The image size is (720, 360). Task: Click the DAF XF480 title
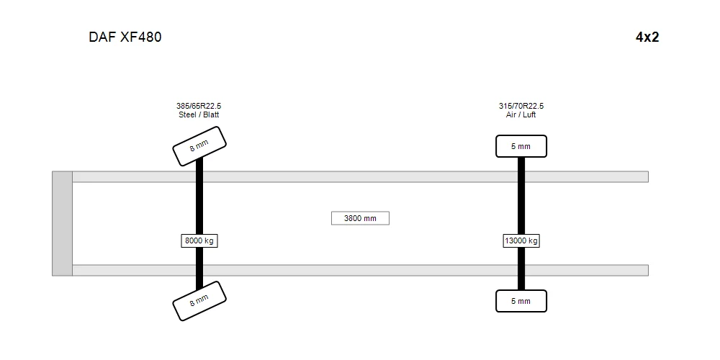[x=125, y=37]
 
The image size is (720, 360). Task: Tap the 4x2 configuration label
[x=647, y=37]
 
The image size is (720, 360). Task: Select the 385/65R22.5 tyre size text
[x=199, y=106]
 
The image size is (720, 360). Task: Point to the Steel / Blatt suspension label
[x=199, y=114]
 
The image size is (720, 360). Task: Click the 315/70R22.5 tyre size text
[x=521, y=106]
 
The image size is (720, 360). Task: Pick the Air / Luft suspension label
[x=521, y=114]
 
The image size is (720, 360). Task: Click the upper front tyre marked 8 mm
[x=199, y=146]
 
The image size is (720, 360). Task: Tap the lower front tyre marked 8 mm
[x=199, y=301]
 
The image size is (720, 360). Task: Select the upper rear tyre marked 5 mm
[x=521, y=146]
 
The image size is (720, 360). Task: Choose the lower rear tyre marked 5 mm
[x=521, y=301]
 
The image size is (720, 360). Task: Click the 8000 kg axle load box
[x=199, y=240]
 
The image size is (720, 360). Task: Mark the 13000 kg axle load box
[x=521, y=240]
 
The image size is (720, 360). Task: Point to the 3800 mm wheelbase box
[x=360, y=218]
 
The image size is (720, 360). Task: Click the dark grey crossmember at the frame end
[x=62, y=224]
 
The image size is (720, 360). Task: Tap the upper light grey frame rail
[x=361, y=177]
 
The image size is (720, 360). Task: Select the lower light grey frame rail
[x=361, y=271]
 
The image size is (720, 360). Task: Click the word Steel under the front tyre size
[x=187, y=114]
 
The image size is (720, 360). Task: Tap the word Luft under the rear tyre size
[x=528, y=114]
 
